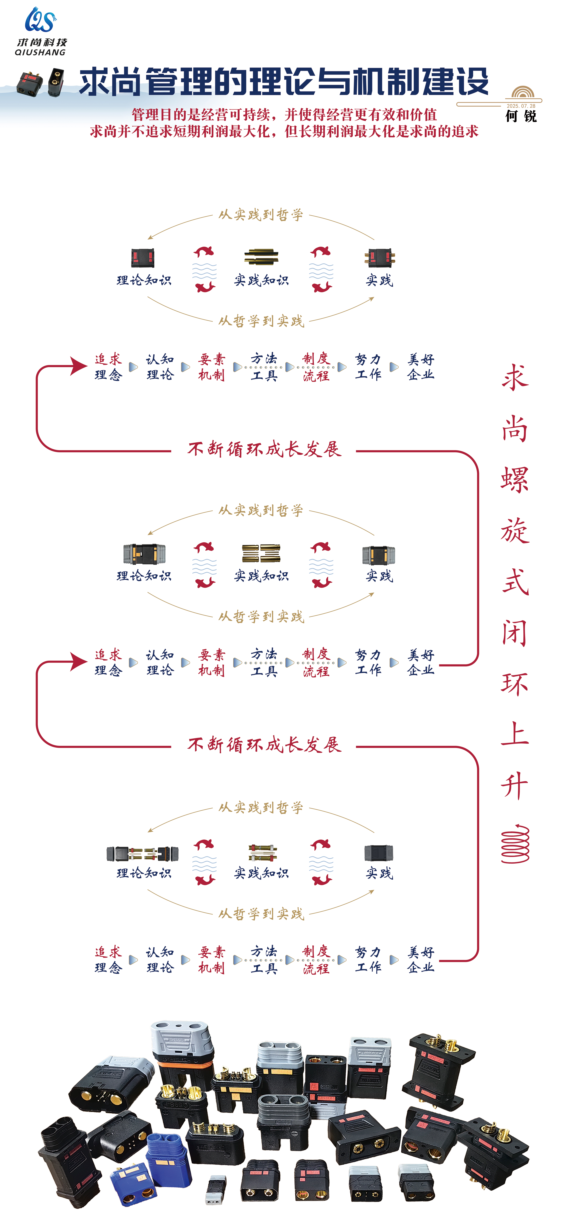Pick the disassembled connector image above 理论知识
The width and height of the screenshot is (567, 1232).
point(143,854)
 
